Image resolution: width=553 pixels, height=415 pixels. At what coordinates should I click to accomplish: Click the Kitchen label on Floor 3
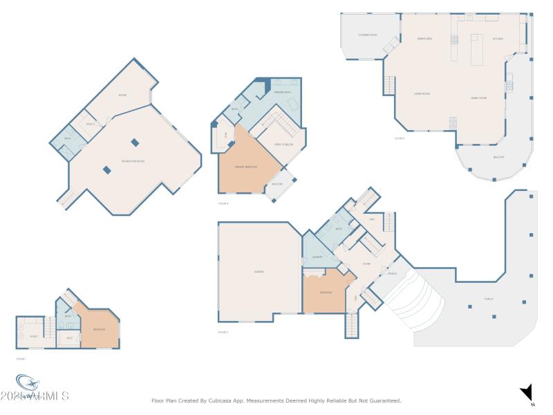tap(498, 39)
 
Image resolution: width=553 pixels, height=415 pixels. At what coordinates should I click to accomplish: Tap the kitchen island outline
tap(477, 49)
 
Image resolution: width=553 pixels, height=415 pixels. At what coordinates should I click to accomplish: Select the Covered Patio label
tap(368, 35)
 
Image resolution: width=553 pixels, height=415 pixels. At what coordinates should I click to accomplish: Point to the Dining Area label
tap(424, 39)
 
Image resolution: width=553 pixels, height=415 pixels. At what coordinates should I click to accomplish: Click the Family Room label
tap(479, 98)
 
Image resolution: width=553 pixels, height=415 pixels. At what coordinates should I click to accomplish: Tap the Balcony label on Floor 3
tap(498, 157)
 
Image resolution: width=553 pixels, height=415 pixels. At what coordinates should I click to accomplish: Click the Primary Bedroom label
tap(245, 167)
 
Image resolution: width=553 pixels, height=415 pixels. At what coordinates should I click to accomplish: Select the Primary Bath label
tap(282, 92)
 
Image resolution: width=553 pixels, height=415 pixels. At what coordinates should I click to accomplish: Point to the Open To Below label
tap(284, 144)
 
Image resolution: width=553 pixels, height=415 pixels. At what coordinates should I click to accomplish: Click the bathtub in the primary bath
tap(292, 104)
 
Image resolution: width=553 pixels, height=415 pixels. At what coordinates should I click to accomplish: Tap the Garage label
tap(259, 272)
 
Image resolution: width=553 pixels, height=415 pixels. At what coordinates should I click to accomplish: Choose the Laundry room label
tap(318, 257)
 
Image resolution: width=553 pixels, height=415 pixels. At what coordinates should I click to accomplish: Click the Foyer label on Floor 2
tap(366, 264)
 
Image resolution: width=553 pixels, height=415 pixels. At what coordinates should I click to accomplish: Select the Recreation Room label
tap(133, 161)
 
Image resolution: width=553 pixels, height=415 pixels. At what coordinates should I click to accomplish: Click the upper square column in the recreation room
tap(135, 142)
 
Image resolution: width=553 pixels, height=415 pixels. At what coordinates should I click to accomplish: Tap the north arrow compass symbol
tap(526, 392)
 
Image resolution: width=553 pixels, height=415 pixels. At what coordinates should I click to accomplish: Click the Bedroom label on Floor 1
tap(99, 329)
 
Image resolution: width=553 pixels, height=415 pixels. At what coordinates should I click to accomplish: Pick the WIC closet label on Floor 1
tap(69, 338)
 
